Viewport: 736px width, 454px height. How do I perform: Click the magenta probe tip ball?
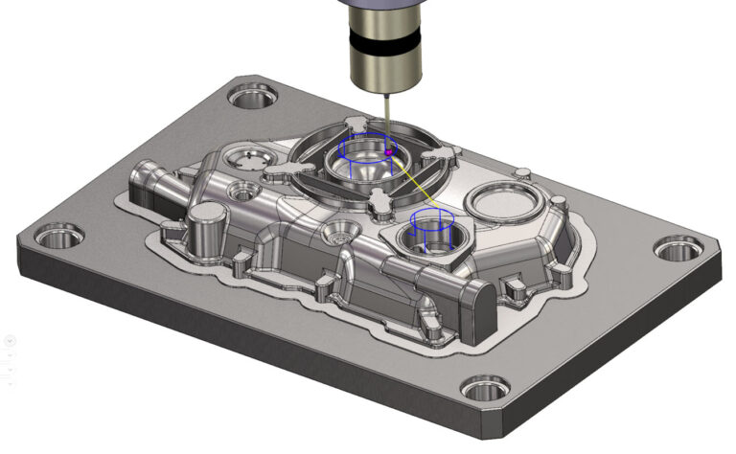[x=388, y=150]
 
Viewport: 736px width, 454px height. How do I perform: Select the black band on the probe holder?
[x=383, y=43]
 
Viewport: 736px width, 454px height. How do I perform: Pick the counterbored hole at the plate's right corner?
[x=672, y=251]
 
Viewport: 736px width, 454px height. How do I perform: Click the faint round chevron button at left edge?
[x=8, y=340]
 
